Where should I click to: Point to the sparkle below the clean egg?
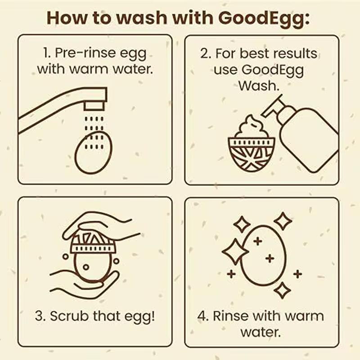282,290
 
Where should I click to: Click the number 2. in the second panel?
206,54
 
